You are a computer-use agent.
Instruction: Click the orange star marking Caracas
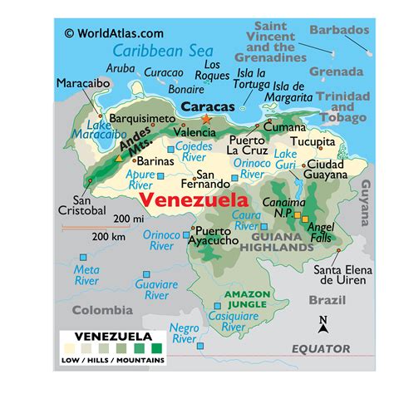[207, 119]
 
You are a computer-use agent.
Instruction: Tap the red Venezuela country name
[194, 201]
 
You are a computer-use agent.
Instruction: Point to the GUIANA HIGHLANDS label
[278, 242]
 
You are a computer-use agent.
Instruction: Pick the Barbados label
[338, 30]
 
